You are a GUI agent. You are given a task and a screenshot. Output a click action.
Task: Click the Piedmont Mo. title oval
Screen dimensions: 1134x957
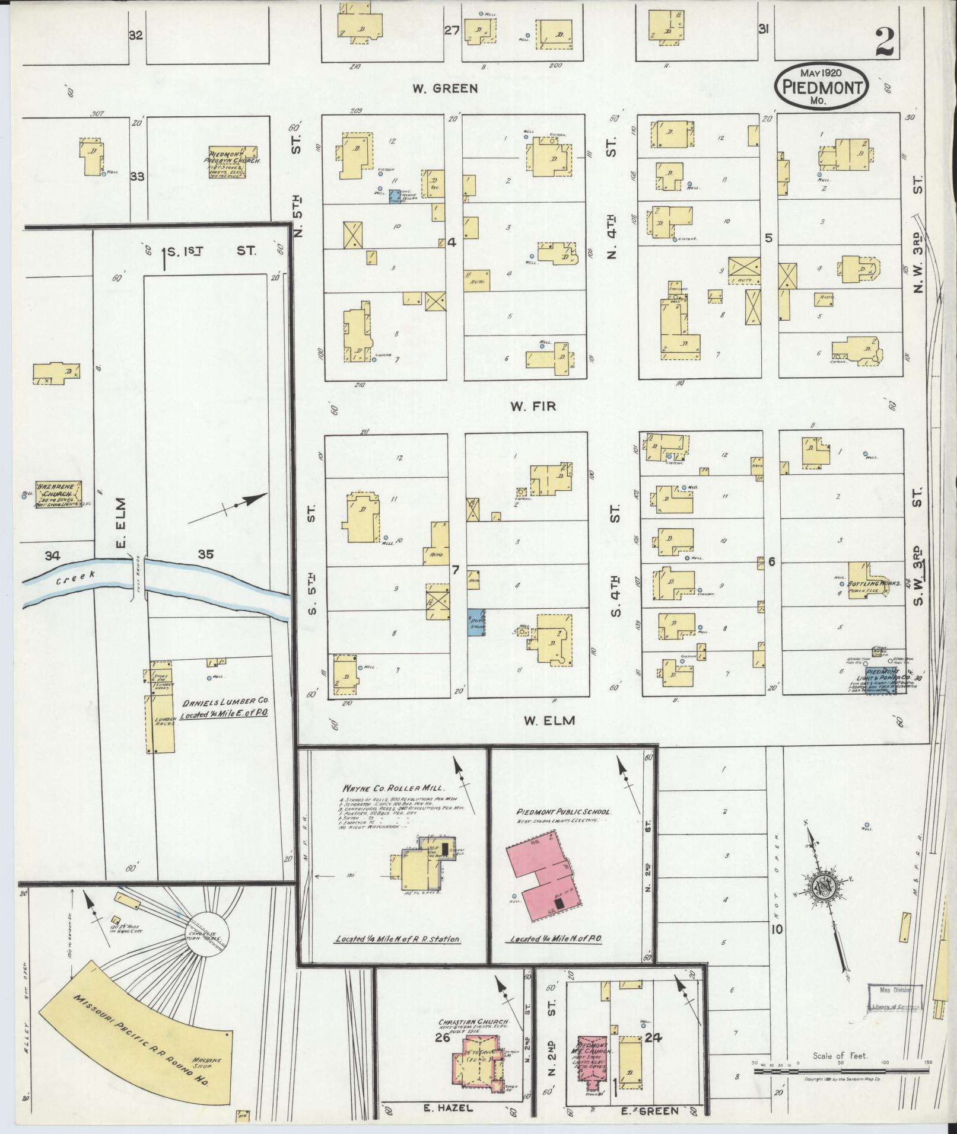click(822, 87)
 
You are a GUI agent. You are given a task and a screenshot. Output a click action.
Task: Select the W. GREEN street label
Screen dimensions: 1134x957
click(445, 89)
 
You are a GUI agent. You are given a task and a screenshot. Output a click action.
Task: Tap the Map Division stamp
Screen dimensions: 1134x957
click(895, 996)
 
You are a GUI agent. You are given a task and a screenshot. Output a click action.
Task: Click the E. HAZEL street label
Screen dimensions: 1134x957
click(450, 1108)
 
